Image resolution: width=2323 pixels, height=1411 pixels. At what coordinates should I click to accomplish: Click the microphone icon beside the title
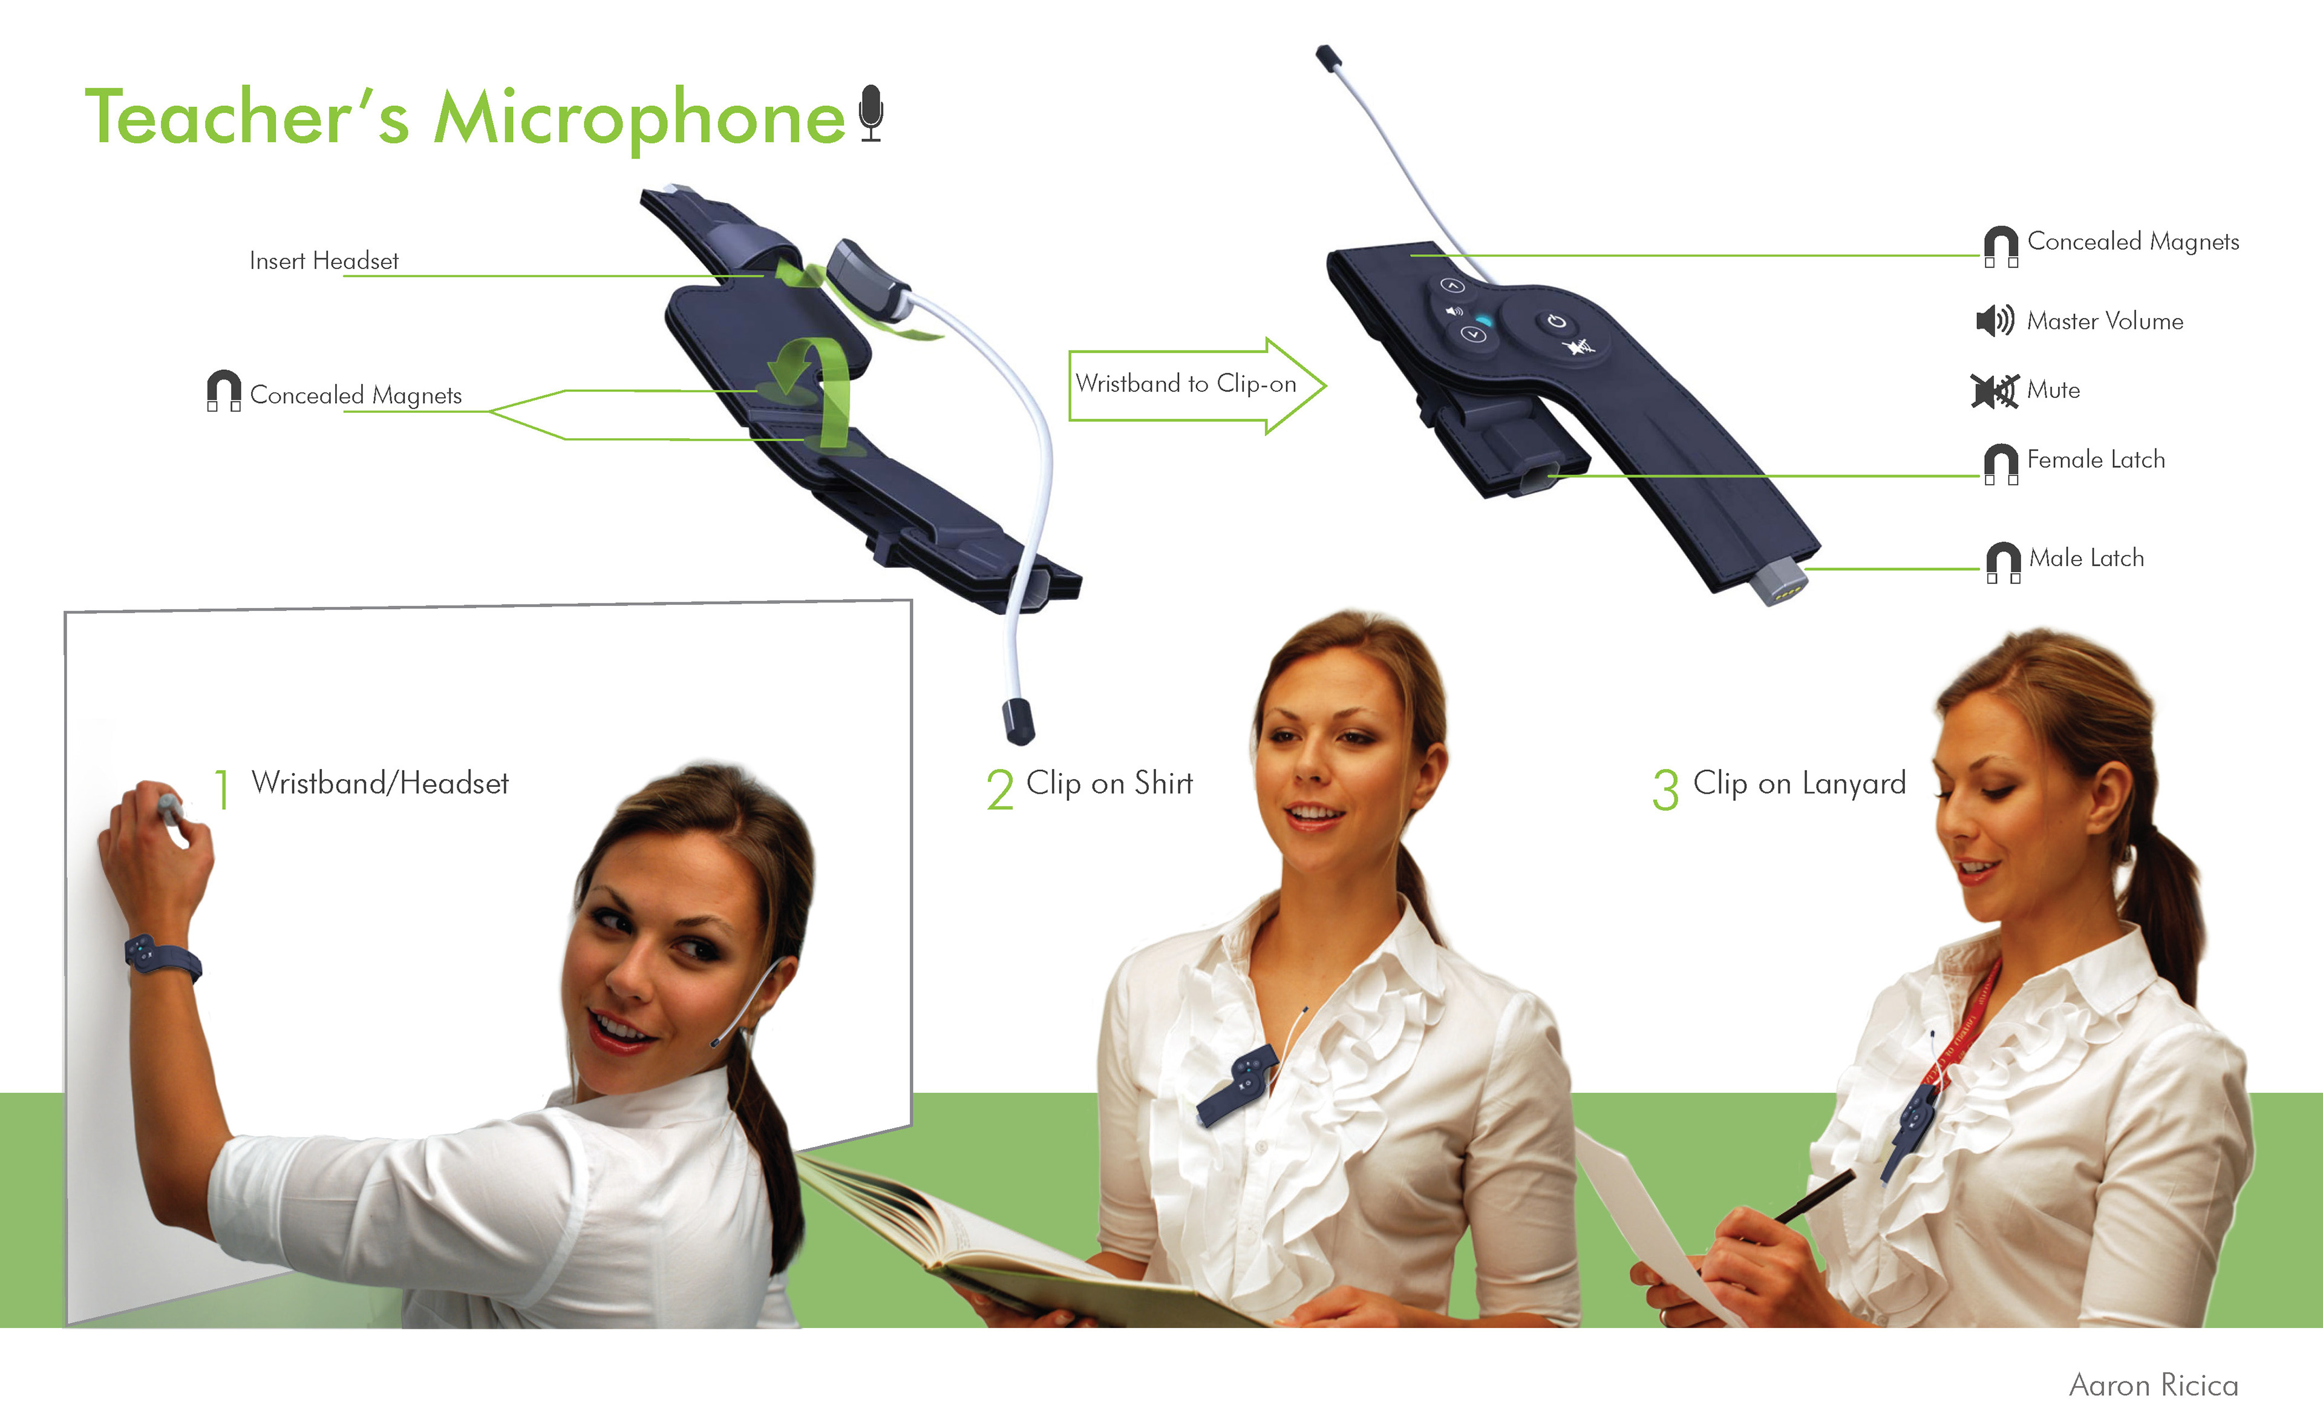(871, 113)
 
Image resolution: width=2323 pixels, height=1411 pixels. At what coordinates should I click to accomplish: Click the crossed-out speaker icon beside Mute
(1994, 390)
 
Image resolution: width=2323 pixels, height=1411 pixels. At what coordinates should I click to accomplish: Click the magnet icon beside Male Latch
(2002, 562)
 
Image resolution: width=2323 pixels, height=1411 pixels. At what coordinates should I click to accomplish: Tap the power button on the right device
(1557, 321)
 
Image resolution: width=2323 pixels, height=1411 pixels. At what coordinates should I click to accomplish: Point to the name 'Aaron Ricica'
(2153, 1384)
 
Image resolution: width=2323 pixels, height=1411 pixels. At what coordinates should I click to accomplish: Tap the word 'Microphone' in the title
(639, 118)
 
